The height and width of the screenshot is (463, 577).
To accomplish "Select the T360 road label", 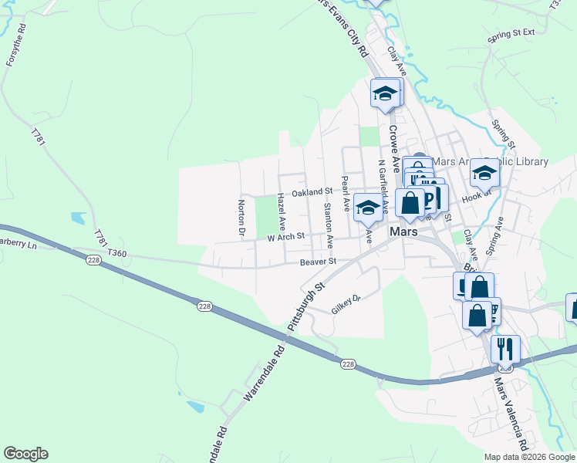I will click(x=116, y=253).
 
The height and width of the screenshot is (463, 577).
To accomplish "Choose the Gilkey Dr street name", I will click(x=346, y=303).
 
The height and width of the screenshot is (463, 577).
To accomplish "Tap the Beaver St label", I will click(x=319, y=262).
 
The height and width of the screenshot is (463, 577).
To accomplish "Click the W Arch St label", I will click(x=286, y=237).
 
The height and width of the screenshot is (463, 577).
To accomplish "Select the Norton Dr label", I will click(x=241, y=218).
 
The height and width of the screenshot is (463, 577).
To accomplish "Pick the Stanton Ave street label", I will click(x=329, y=220).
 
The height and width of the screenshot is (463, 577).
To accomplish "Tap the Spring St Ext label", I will click(x=511, y=36).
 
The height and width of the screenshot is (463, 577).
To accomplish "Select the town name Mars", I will click(x=403, y=231).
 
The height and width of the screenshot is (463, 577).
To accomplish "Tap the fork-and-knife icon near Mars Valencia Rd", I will click(x=505, y=348).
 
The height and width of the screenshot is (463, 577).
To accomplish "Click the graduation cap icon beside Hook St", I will click(x=484, y=173).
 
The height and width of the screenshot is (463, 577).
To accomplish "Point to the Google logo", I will click(x=25, y=454).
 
